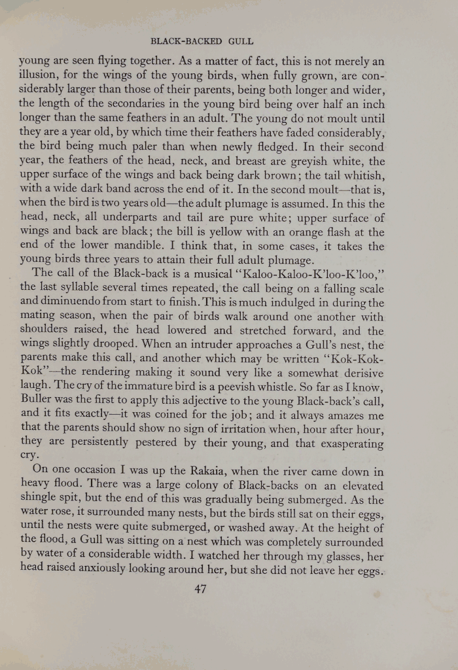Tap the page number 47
[201, 588]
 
